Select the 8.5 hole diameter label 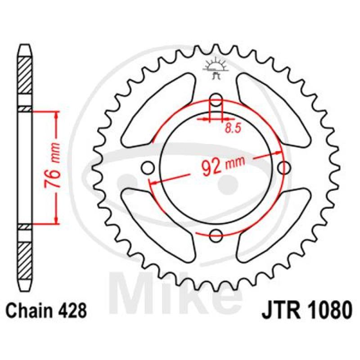(x=233, y=128)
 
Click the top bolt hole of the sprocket (x=216, y=99)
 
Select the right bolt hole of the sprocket (x=284, y=168)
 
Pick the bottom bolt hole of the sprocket (x=216, y=236)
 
